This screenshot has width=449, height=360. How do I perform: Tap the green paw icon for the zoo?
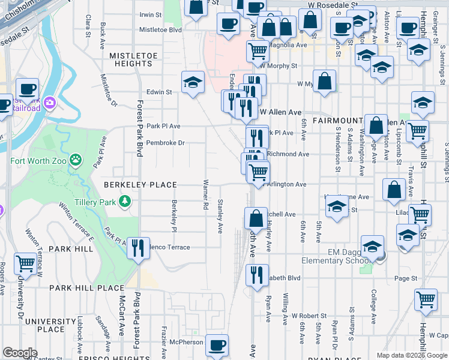(x=76, y=160)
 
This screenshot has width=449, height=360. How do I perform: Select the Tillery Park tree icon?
(x=124, y=201)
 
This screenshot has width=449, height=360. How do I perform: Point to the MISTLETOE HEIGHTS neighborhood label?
(x=131, y=59)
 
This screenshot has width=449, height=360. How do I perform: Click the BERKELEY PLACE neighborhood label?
(x=140, y=185)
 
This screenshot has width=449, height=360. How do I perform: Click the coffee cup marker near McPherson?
(x=217, y=345)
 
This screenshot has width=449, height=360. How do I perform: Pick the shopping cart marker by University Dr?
(x=26, y=262)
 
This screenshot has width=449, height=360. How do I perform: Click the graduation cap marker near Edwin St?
(x=193, y=82)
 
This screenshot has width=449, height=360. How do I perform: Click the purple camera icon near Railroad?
(x=49, y=103)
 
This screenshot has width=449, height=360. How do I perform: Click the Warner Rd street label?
(x=205, y=194)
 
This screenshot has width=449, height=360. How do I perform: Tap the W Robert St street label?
(x=309, y=315)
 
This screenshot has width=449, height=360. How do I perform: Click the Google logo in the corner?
(x=20, y=353)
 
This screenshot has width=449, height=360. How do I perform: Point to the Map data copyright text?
(x=412, y=355)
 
